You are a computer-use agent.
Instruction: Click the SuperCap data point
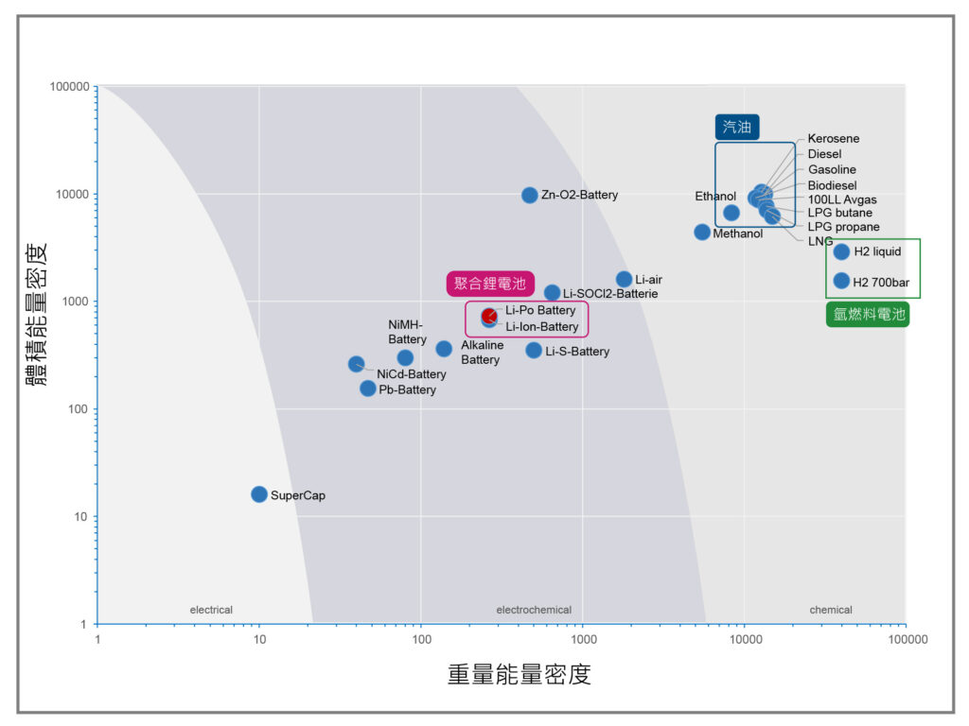click(259, 494)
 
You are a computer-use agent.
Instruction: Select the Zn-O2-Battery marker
click(530, 195)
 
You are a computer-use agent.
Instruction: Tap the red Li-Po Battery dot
click(489, 316)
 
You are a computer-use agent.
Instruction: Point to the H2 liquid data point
click(841, 251)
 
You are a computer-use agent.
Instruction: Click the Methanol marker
click(702, 233)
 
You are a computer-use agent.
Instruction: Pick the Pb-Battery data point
click(368, 389)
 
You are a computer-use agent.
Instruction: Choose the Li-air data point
click(625, 279)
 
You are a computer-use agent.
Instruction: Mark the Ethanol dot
click(731, 213)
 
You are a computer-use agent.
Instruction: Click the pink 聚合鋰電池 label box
click(490, 284)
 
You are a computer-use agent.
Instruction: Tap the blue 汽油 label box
click(737, 128)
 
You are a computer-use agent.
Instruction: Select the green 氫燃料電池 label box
click(868, 314)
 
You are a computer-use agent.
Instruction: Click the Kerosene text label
click(833, 138)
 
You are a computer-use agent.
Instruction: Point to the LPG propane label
click(843, 227)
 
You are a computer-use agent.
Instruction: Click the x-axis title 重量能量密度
click(520, 674)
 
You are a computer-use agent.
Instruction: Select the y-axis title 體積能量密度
click(37, 314)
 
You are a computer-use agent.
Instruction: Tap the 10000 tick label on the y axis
click(72, 194)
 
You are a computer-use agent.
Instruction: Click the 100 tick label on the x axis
click(421, 639)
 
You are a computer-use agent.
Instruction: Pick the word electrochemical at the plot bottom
click(534, 610)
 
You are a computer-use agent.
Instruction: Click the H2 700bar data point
click(841, 281)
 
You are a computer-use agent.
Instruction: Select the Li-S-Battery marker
click(534, 351)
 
